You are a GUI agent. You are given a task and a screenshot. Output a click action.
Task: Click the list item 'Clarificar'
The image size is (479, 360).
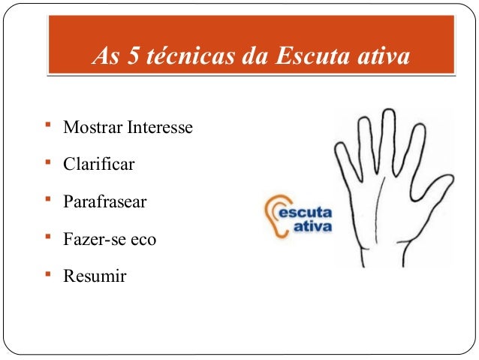tap(99, 165)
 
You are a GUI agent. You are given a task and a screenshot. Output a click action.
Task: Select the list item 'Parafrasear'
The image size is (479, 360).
tap(105, 202)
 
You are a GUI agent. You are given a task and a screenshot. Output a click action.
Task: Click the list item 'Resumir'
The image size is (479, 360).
tap(95, 277)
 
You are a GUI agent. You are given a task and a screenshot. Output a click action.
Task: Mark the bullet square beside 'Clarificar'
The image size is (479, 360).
tap(47, 161)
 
